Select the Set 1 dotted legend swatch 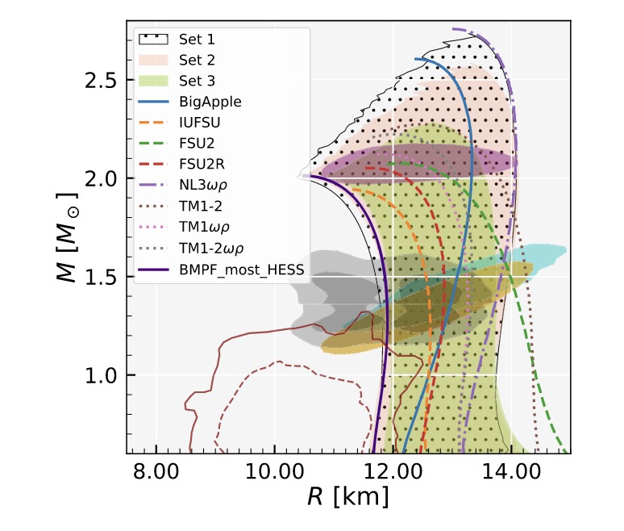pyautogui.click(x=152, y=37)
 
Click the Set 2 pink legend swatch pyautogui.click(x=152, y=59)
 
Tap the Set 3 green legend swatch pyautogui.click(x=152, y=81)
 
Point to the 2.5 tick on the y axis pyautogui.click(x=101, y=81)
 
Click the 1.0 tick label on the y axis pyautogui.click(x=101, y=375)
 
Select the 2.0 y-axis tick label pyautogui.click(x=101, y=178)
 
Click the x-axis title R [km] pyautogui.click(x=347, y=497)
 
